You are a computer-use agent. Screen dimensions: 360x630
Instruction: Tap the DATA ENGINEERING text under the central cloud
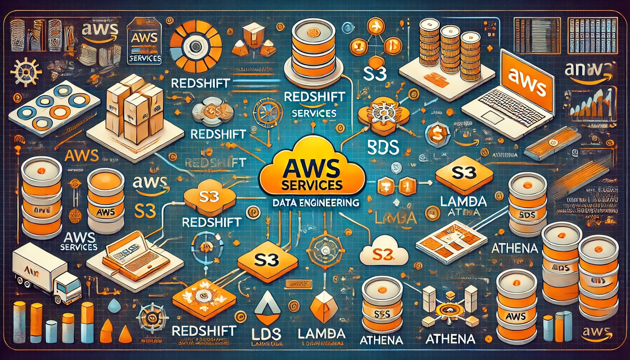tap(313, 203)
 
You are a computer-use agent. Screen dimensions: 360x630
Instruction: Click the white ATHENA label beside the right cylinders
tap(514, 249)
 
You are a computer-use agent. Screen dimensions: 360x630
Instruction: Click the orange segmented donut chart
tap(195, 45)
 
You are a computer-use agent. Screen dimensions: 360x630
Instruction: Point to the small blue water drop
tap(115, 306)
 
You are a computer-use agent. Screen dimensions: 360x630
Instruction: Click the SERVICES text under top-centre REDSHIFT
tap(314, 114)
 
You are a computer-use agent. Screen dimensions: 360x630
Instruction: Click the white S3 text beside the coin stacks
tap(375, 74)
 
